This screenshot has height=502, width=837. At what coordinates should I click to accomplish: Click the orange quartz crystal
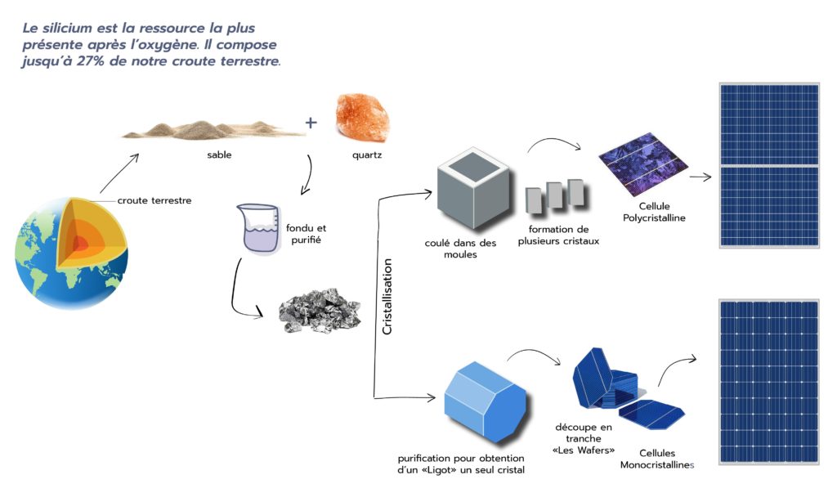tap(362, 119)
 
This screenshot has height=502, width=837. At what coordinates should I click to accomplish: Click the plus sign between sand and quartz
tap(311, 123)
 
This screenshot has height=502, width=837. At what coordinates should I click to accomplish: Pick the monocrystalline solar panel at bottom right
tap(768, 381)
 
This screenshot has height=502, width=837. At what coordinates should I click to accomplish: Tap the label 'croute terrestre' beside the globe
tap(154, 200)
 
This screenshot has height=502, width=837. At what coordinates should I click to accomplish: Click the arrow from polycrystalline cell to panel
tap(700, 176)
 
